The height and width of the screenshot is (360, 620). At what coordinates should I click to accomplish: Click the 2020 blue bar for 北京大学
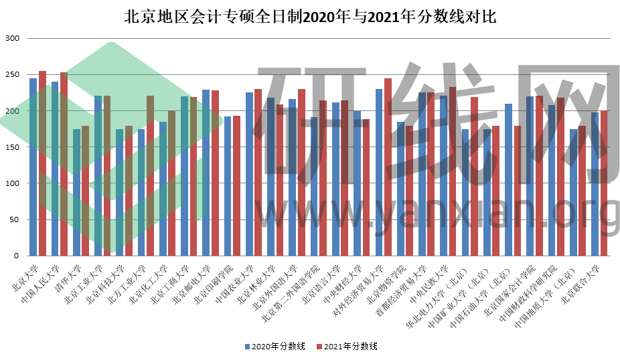click(x=33, y=167)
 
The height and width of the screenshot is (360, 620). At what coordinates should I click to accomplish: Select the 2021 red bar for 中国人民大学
click(x=64, y=164)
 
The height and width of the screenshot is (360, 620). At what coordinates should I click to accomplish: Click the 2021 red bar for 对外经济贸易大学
click(x=388, y=167)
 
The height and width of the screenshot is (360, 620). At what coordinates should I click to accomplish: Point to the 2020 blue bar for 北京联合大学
click(x=595, y=184)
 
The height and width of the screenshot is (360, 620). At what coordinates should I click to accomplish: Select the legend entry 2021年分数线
click(x=351, y=346)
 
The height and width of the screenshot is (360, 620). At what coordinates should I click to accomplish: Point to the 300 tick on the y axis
click(x=13, y=38)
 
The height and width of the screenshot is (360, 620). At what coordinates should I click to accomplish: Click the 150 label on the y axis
click(x=13, y=147)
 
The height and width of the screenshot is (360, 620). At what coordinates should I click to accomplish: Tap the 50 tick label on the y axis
click(x=15, y=219)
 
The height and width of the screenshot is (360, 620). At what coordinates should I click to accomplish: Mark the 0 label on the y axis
click(x=18, y=256)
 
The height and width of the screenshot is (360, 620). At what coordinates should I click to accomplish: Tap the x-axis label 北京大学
click(x=25, y=274)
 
